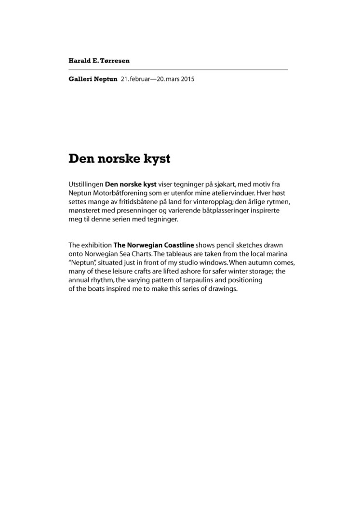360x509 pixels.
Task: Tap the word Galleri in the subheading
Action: (80, 79)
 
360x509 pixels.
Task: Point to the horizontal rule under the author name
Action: (178, 70)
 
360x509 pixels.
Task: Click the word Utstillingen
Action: (85, 184)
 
